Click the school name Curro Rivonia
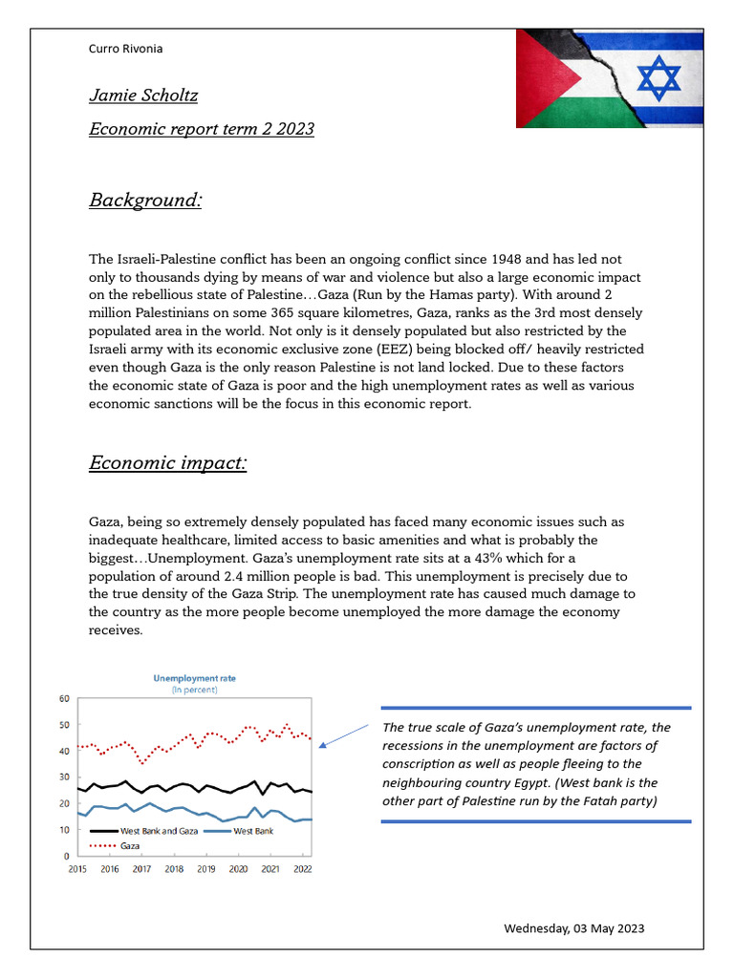(x=125, y=48)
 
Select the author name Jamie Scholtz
(x=143, y=96)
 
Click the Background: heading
(x=145, y=200)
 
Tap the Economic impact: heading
(x=168, y=463)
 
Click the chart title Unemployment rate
(x=195, y=678)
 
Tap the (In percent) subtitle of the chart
(x=195, y=690)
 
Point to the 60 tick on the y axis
(x=64, y=699)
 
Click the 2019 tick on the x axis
(x=206, y=869)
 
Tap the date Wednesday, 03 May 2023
(x=573, y=928)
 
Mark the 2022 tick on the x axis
(x=302, y=869)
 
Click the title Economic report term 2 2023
(x=202, y=129)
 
